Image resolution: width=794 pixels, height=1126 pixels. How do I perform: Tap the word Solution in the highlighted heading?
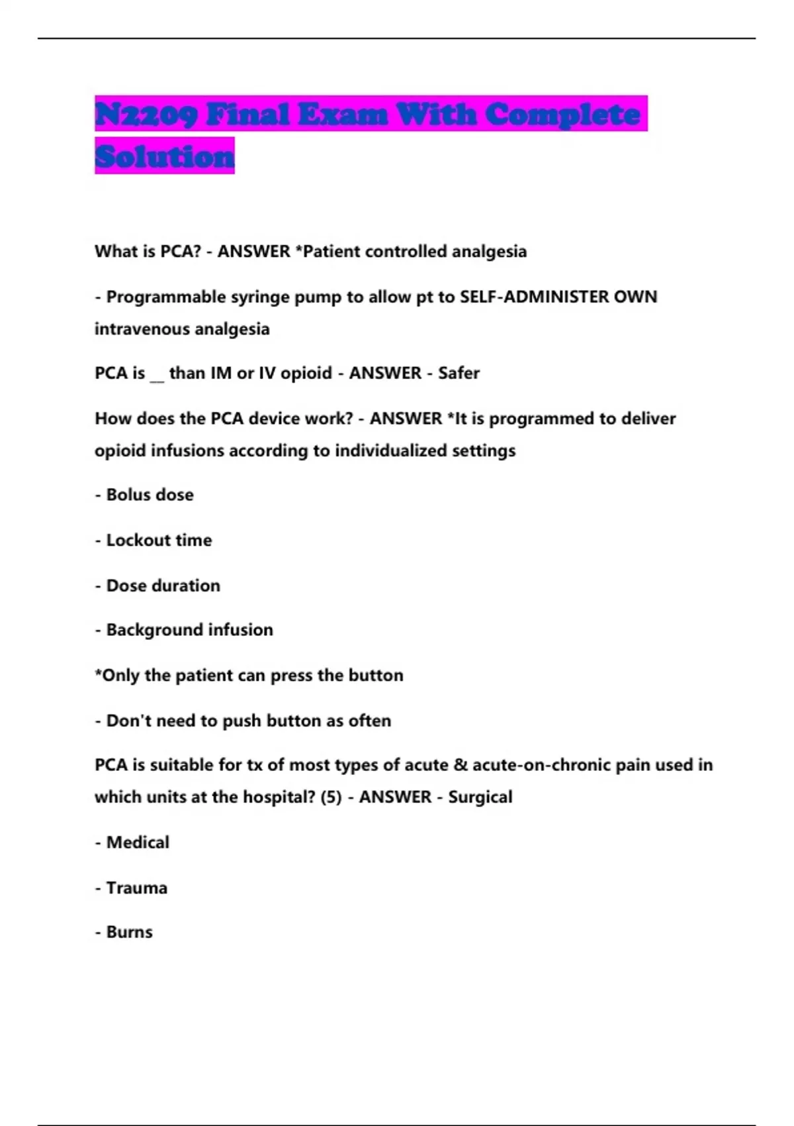165,156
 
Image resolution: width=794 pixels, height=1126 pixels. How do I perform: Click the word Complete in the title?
563,115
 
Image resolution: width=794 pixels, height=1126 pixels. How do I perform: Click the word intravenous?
135,329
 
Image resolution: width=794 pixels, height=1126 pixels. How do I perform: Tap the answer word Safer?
459,374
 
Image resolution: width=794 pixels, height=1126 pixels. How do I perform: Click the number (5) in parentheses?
331,797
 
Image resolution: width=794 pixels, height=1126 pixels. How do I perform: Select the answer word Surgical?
480,797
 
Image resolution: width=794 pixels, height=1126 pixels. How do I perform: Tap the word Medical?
138,843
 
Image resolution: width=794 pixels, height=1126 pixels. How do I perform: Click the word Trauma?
136,888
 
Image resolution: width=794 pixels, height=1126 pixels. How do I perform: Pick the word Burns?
129,933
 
